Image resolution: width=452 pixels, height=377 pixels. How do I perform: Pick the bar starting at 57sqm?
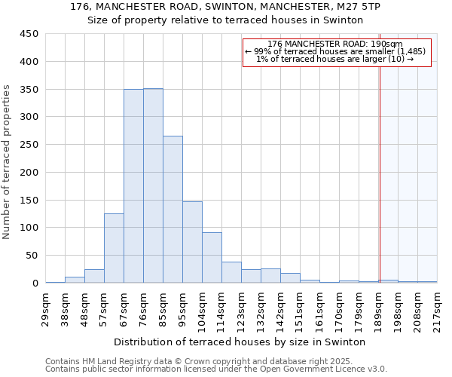(114, 248)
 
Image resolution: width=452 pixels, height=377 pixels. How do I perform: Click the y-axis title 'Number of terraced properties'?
(7, 161)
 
